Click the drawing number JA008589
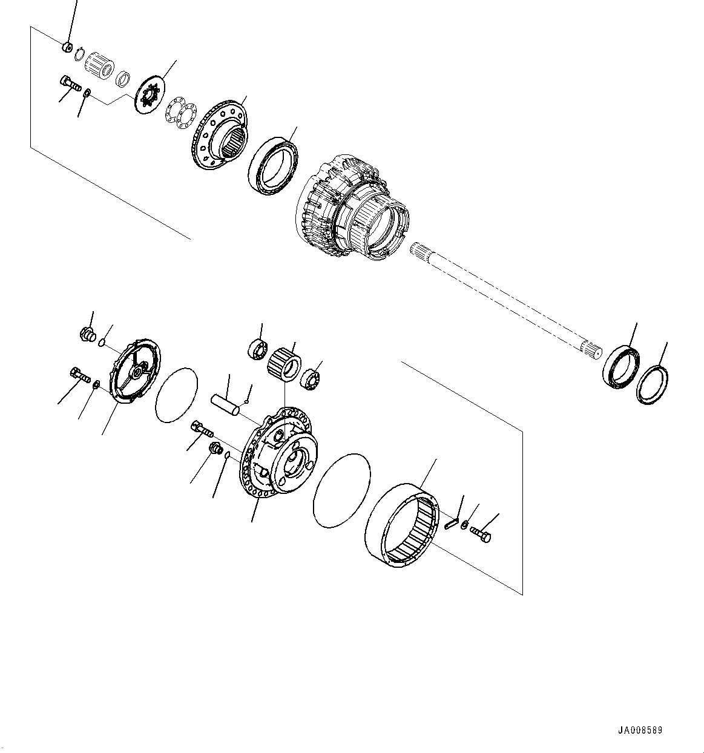point(640,731)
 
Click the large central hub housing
point(351,209)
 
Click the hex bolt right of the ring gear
point(480,534)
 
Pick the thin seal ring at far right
point(652,384)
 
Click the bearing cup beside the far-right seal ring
point(620,366)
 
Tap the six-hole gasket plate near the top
point(180,112)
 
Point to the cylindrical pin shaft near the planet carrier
point(225,405)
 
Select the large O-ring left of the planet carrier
point(177,395)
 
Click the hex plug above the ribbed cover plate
point(88,334)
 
